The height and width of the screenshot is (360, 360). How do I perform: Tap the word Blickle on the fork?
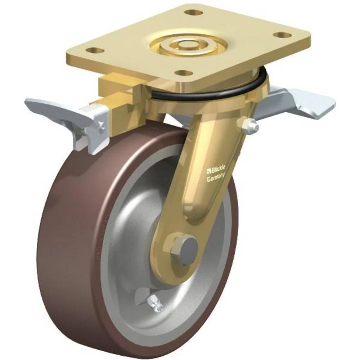(x=217, y=170)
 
